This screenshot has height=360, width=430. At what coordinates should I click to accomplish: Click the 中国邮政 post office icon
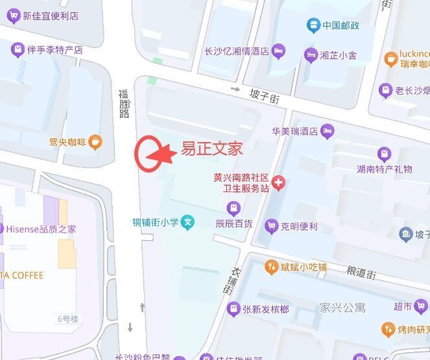click(313, 25)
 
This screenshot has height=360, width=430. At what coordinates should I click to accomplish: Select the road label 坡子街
click(265, 97)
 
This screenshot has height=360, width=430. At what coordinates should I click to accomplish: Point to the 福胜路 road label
click(124, 104)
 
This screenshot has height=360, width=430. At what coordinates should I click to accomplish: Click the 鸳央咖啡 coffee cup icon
click(95, 141)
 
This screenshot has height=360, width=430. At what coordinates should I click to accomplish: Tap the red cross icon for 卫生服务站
click(279, 184)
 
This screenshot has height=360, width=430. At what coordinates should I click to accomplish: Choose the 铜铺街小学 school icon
click(187, 222)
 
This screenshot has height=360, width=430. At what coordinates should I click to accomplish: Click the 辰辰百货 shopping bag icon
click(233, 208)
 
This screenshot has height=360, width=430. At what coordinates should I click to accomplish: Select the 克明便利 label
click(299, 226)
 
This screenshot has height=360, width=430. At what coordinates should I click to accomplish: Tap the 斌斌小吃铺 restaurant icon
click(271, 267)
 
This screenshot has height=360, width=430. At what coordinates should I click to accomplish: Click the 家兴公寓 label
click(342, 307)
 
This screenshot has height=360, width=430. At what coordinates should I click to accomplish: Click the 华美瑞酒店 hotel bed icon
click(328, 131)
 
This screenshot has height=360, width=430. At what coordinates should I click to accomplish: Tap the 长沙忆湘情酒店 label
click(236, 51)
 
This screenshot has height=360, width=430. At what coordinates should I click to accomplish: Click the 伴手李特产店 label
click(55, 49)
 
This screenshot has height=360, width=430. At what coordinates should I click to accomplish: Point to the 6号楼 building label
click(67, 318)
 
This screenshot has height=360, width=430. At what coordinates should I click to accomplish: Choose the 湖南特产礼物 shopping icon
click(385, 154)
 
